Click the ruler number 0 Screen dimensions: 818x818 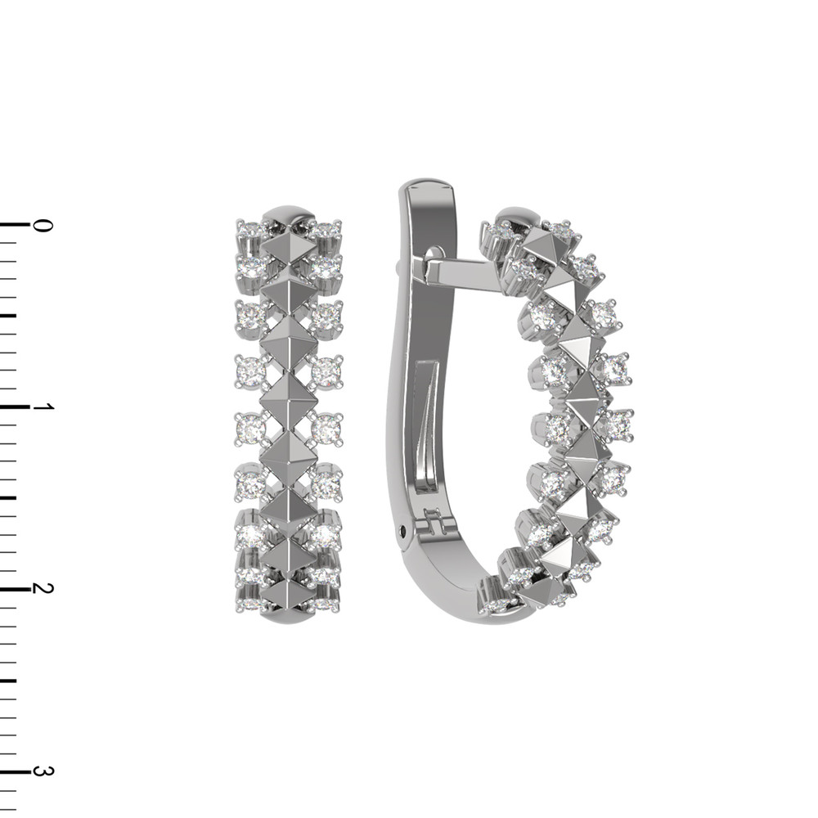(x=43, y=226)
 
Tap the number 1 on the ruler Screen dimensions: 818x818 (x=43, y=407)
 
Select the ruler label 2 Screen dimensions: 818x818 (x=43, y=588)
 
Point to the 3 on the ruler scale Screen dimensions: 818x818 (x=43, y=771)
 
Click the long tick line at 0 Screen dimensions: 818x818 (x=15, y=225)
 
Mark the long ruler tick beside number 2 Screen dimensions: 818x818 (x=15, y=588)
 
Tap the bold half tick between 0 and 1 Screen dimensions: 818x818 (x=8, y=316)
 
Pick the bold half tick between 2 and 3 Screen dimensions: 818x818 (x=8, y=680)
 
